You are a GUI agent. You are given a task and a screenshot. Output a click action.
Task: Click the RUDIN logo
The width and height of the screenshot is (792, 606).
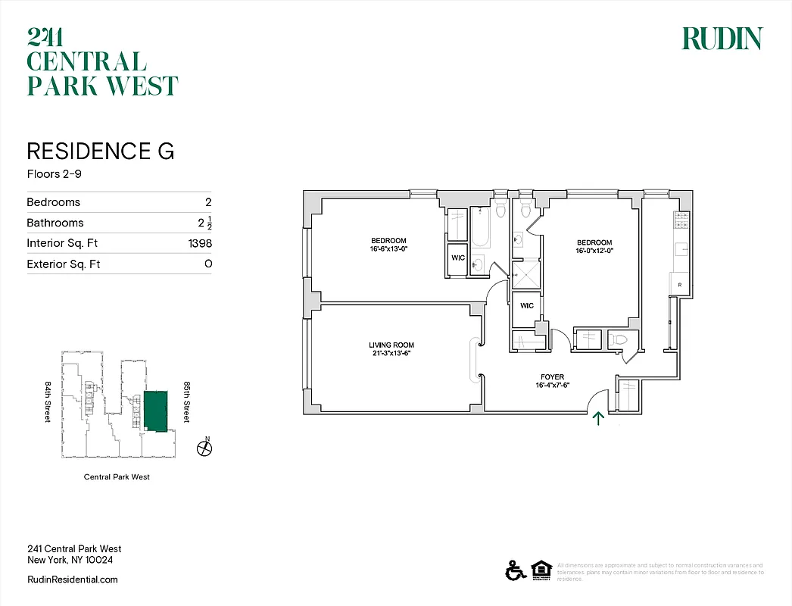(722, 39)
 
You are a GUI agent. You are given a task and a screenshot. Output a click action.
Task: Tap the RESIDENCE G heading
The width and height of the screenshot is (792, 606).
(101, 151)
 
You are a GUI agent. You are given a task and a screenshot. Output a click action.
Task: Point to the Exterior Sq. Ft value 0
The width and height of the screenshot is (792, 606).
(207, 264)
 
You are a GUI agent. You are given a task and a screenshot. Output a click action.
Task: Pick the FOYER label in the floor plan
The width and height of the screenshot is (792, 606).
(552, 377)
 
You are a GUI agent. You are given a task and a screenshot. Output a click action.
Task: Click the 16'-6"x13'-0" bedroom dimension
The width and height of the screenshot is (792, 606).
(388, 249)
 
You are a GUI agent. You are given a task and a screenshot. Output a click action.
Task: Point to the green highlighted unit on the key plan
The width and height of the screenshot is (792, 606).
(156, 411)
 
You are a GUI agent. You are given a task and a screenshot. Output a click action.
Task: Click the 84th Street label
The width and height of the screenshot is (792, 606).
(47, 402)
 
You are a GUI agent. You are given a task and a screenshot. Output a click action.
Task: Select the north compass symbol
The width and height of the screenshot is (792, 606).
(204, 448)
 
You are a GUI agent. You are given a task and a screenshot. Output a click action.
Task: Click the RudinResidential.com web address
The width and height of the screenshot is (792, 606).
(72, 579)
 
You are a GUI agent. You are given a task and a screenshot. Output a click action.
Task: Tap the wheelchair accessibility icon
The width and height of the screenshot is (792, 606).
(515, 570)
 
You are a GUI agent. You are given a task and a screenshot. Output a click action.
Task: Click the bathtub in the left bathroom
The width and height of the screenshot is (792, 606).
(480, 227)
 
